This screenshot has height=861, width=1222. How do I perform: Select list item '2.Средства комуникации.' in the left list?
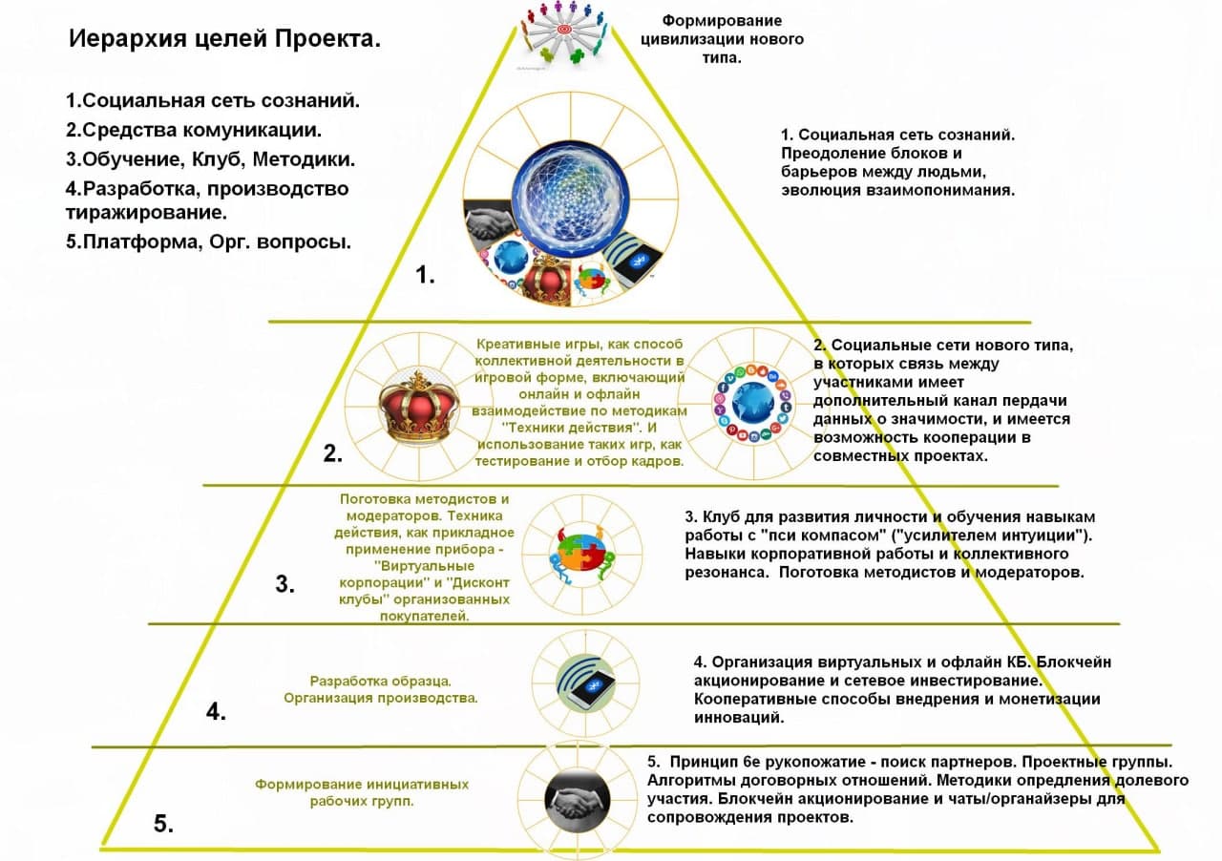[193, 129]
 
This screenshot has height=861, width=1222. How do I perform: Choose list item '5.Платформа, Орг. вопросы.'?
[208, 241]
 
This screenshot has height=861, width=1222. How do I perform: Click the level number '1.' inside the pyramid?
[425, 277]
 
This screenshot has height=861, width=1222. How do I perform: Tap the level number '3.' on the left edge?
[284, 585]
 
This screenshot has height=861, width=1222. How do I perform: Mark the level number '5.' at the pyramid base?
[163, 824]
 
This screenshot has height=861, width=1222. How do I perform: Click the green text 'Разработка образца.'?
[380, 682]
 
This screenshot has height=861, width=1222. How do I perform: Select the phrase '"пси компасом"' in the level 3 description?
[808, 535]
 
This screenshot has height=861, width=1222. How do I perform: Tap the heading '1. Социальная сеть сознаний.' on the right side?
[897, 135]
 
